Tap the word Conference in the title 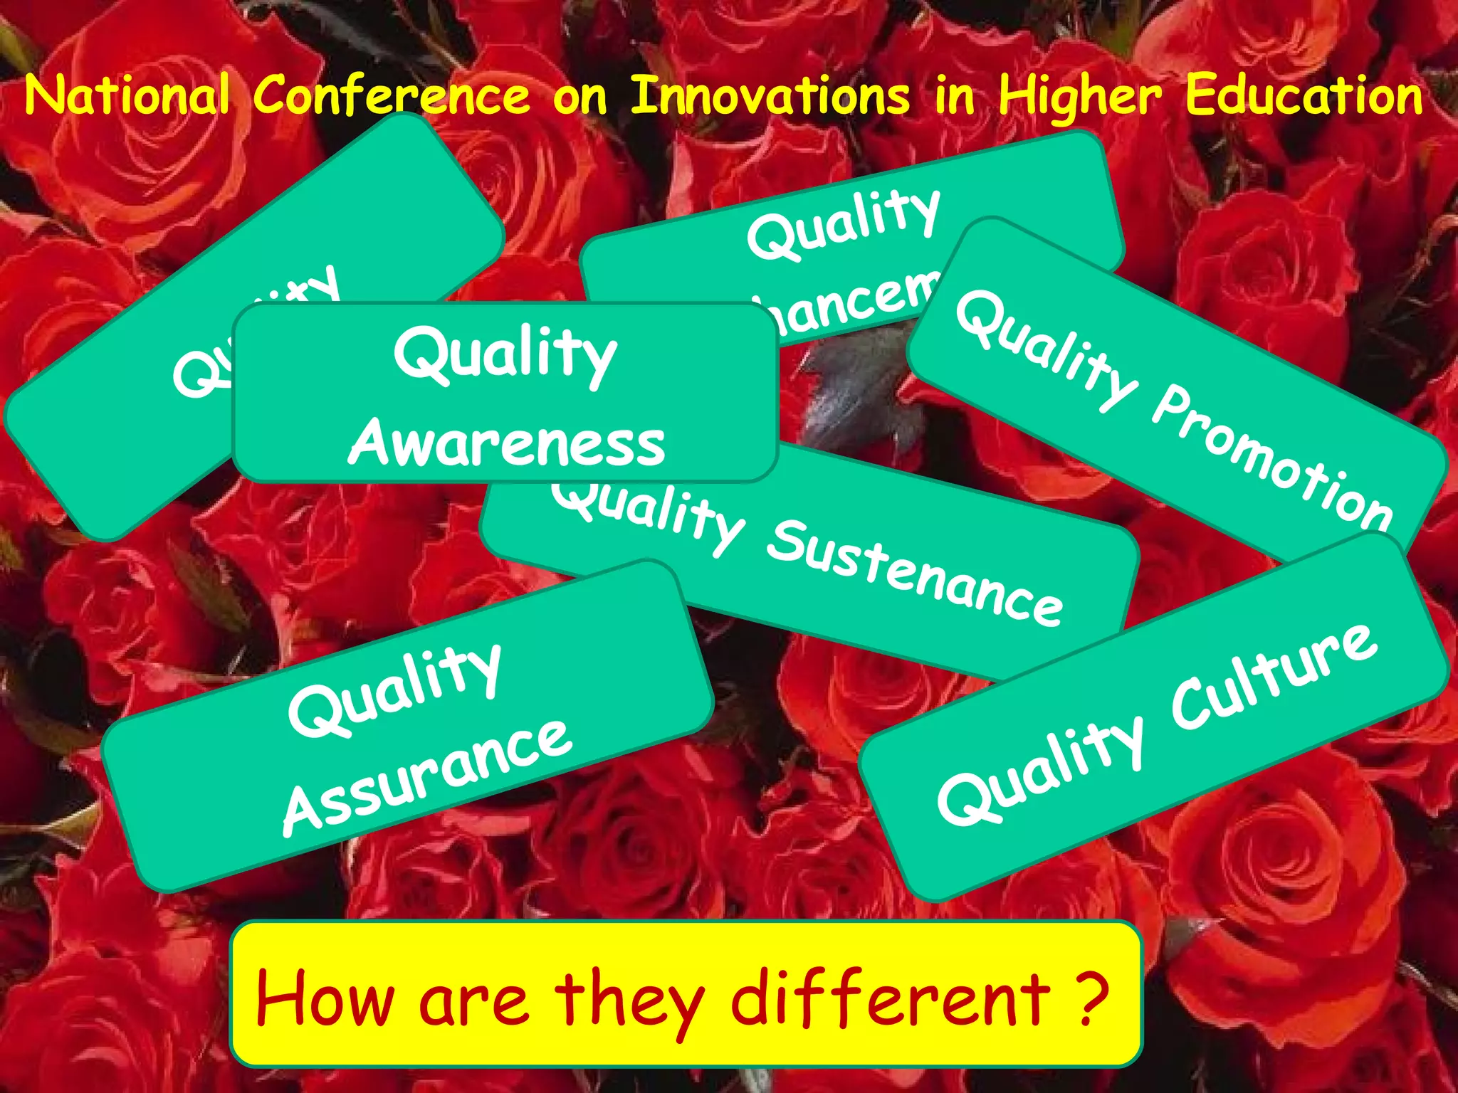392,96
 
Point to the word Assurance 427,776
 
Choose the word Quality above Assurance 395,690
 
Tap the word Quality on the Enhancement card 844,224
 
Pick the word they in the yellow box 630,1000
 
